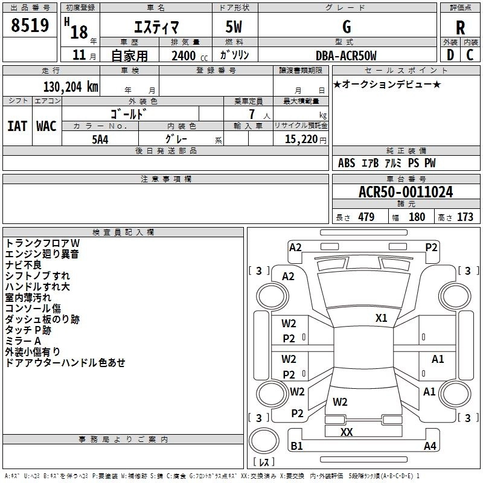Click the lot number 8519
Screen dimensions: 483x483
click(x=30, y=25)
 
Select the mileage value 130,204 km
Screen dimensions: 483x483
click(x=71, y=87)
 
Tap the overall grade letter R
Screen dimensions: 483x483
click(x=460, y=28)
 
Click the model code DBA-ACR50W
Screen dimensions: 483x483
click(x=346, y=56)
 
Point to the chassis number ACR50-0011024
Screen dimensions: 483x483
click(x=406, y=192)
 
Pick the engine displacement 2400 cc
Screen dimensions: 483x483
click(x=190, y=56)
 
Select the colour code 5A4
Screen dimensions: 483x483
click(x=100, y=139)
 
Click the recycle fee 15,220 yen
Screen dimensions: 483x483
click(x=305, y=139)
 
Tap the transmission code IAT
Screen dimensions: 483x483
click(x=18, y=126)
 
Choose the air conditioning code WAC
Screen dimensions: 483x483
click(x=46, y=126)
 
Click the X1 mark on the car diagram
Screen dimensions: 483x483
click(x=381, y=318)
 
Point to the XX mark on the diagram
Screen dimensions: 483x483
click(x=347, y=432)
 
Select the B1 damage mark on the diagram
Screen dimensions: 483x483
click(x=296, y=446)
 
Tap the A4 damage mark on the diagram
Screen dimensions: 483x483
click(x=430, y=446)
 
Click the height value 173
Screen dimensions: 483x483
click(x=465, y=217)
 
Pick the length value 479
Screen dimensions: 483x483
click(x=366, y=217)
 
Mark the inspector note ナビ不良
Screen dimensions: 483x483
click(x=24, y=265)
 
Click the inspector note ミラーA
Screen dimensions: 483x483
click(x=23, y=341)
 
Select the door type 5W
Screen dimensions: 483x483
click(x=234, y=27)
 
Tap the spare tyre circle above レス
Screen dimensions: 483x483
click(x=264, y=441)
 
